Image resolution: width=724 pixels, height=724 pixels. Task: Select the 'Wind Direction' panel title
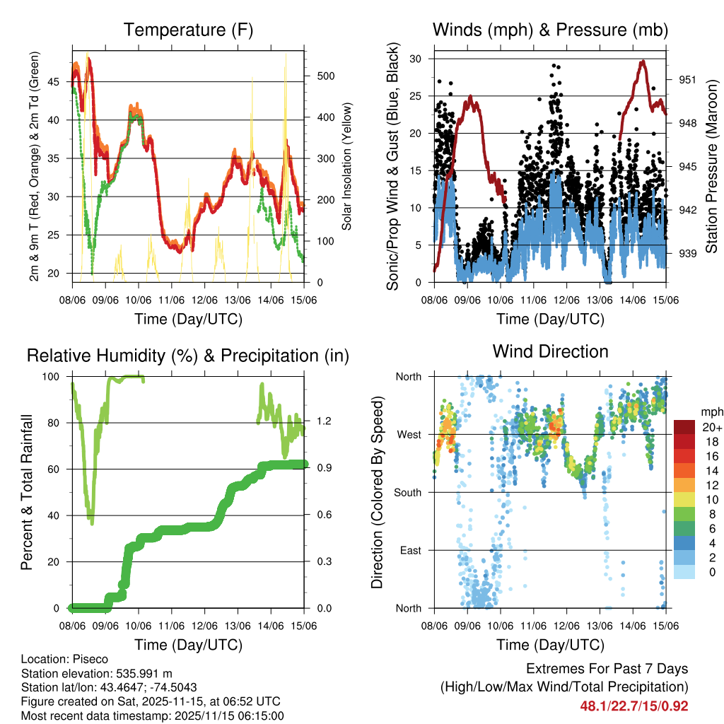pos(550,351)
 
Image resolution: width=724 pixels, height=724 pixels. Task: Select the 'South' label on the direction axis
pos(408,493)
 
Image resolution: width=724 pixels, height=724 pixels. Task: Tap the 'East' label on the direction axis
pos(410,551)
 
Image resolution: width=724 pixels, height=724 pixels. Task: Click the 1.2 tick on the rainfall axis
pos(323,421)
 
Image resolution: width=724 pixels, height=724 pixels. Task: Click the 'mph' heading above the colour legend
pos(710,411)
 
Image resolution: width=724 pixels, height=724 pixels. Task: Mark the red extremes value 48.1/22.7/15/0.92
pos(633,706)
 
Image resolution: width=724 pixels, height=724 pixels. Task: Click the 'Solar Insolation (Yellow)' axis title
pos(346,167)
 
